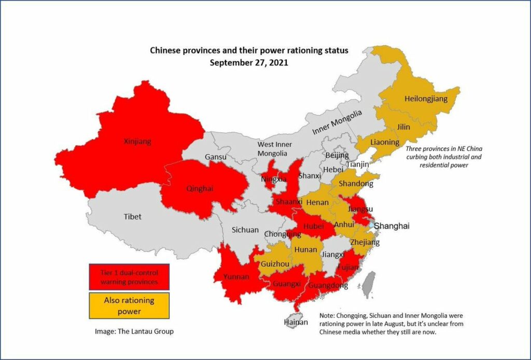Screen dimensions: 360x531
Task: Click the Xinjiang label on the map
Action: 137,141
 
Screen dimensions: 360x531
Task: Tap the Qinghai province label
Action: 200,189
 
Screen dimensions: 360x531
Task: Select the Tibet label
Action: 132,216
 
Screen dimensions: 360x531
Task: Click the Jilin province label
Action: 403,127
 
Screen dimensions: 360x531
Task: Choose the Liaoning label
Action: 385,142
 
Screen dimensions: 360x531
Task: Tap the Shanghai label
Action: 392,226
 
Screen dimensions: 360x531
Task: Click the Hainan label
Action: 295,322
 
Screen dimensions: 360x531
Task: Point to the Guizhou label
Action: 272,264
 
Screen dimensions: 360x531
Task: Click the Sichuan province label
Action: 245,230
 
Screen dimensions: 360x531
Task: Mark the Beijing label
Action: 337,155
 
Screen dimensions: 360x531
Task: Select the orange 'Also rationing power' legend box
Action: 129,306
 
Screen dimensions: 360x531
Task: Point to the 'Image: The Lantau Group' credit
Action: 134,331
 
